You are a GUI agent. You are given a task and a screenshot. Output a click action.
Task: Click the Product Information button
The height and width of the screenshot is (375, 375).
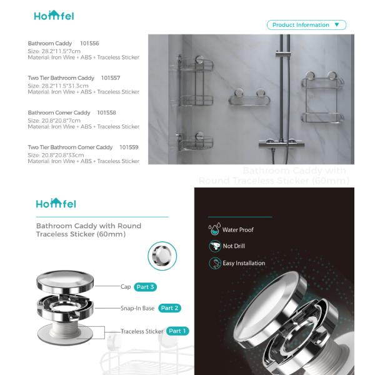click(x=306, y=25)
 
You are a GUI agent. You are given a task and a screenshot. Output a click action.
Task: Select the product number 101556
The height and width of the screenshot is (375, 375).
click(x=90, y=43)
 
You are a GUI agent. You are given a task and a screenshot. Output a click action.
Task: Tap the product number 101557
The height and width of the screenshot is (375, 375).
click(x=111, y=78)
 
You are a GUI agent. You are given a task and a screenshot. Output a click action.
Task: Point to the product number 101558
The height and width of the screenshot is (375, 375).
click(x=106, y=112)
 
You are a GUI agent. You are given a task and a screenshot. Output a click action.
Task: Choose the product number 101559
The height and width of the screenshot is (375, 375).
click(x=129, y=147)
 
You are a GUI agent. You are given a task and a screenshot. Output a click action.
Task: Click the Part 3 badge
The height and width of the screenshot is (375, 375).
click(x=144, y=287)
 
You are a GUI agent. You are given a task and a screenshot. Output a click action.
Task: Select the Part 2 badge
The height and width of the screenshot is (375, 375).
click(x=169, y=308)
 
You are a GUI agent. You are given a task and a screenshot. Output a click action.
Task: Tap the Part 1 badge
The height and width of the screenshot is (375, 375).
click(x=177, y=331)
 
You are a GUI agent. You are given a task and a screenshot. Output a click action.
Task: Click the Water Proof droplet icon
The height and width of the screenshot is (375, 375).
click(x=214, y=229)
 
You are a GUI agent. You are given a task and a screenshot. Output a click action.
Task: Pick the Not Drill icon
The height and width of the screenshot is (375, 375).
click(x=214, y=246)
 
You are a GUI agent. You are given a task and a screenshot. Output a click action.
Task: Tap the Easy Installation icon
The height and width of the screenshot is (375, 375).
click(x=214, y=263)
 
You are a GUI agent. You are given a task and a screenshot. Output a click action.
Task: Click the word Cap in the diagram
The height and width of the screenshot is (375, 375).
click(x=126, y=287)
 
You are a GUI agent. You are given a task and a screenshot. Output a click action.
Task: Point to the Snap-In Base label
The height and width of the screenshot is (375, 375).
click(x=137, y=308)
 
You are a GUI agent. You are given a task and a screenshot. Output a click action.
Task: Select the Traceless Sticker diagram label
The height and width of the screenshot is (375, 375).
click(x=142, y=331)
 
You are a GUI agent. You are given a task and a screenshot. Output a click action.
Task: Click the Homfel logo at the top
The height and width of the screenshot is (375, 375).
click(x=54, y=16)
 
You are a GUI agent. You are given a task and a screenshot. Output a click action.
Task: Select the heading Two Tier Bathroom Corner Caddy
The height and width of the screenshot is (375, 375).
click(x=70, y=147)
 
